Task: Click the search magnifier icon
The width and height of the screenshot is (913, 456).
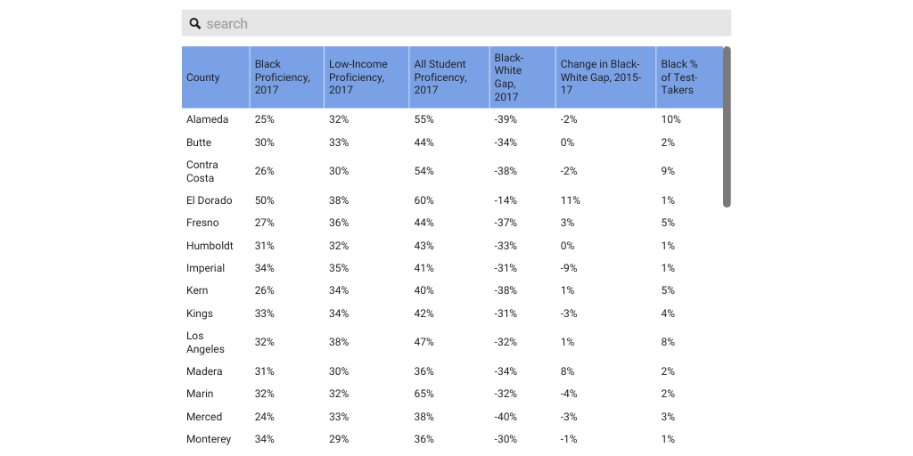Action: (195, 23)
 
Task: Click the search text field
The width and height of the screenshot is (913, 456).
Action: (464, 23)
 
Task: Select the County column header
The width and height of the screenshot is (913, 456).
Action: (203, 77)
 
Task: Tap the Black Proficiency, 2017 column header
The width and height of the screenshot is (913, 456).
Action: (283, 77)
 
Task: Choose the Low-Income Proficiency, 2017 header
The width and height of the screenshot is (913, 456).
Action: (358, 77)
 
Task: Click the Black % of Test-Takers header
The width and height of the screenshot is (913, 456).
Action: (679, 77)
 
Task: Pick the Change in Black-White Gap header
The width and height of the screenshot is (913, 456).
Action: (600, 77)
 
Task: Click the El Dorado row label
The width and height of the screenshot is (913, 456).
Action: (210, 200)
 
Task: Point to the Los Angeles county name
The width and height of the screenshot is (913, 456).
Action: (205, 342)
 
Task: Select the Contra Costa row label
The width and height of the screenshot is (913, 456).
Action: (202, 171)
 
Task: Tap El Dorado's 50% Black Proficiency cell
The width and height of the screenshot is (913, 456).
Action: (265, 200)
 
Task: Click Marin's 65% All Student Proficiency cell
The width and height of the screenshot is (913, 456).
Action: (424, 394)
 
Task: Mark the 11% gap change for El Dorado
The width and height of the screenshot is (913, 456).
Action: (571, 200)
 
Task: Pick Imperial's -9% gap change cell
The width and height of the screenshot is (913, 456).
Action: (569, 268)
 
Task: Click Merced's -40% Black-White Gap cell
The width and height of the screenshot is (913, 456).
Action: (506, 417)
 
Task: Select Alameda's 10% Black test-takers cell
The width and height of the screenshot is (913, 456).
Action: (671, 119)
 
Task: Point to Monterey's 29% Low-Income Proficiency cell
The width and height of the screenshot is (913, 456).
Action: (339, 439)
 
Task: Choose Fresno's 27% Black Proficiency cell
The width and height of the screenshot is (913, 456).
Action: (265, 223)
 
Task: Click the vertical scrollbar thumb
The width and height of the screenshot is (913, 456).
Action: (727, 126)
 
